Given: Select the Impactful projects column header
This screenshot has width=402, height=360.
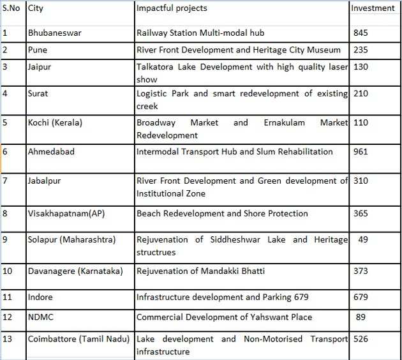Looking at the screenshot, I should (172, 8).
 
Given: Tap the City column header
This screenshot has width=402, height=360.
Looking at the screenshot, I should (36, 8).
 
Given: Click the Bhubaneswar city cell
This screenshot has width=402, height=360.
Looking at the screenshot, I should (56, 33).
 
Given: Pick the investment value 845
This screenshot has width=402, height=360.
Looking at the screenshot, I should (361, 33).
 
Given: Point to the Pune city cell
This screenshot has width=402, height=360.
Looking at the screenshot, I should (38, 50).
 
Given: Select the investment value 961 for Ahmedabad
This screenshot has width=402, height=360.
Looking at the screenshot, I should (361, 152).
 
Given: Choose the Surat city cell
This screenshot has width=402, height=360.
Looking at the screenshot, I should (38, 94).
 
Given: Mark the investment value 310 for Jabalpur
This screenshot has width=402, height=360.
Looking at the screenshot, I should (361, 181).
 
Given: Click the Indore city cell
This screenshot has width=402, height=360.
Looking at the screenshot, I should (40, 297).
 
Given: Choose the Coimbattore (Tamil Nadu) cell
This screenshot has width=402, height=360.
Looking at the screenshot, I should (78, 339).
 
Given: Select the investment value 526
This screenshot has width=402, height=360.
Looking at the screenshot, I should (361, 339).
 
